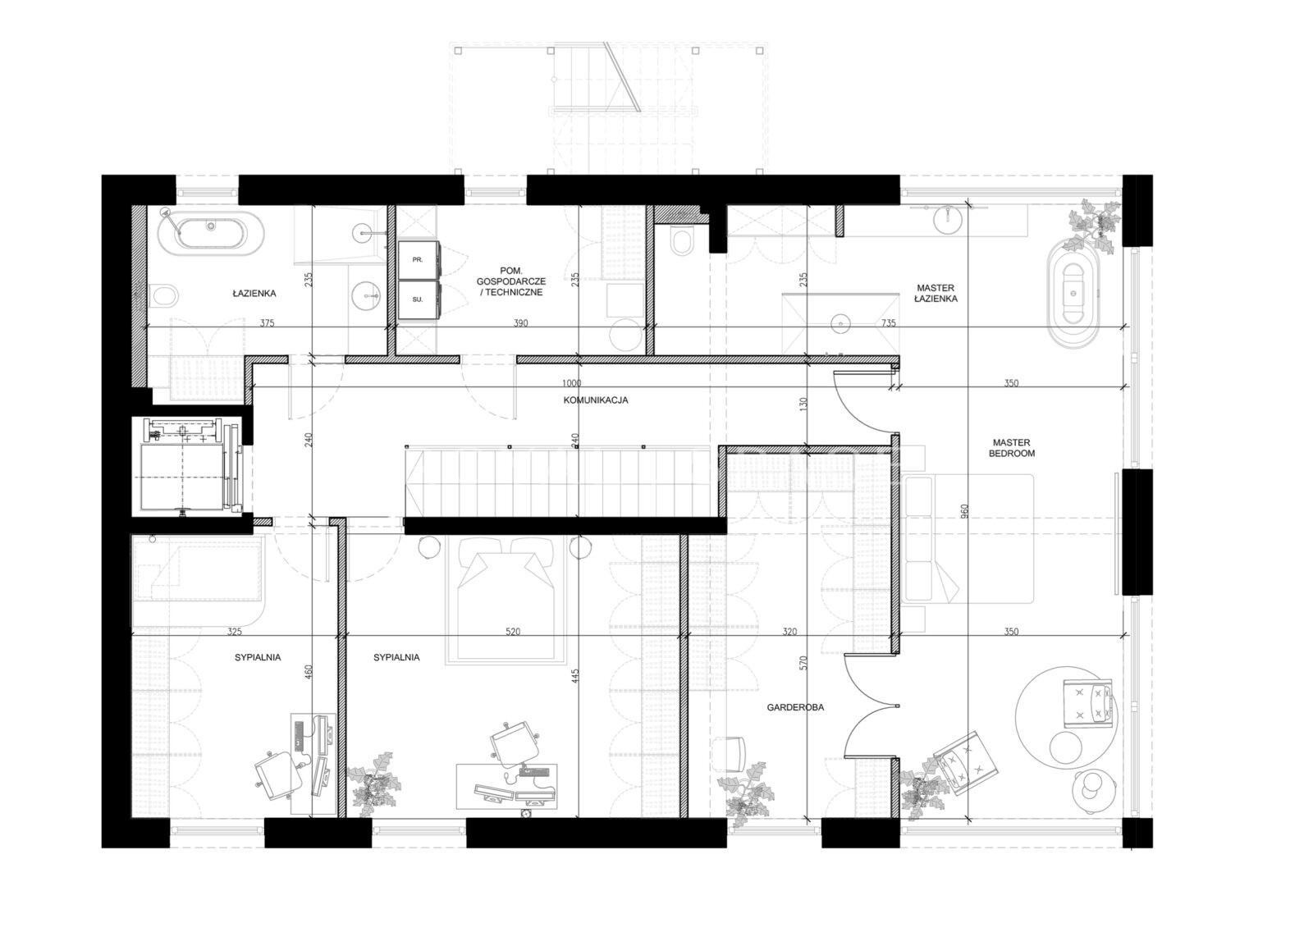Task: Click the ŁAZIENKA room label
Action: [x=254, y=293]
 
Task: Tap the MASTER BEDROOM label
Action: [x=1012, y=448]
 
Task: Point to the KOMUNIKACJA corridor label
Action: [x=596, y=400]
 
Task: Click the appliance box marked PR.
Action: [x=418, y=259]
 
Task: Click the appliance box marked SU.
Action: [x=418, y=299]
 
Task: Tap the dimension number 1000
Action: [x=571, y=383]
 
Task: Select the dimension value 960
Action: [x=965, y=510]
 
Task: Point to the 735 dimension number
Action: [x=889, y=323]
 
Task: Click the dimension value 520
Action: [x=513, y=632]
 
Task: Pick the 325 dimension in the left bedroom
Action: [x=235, y=632]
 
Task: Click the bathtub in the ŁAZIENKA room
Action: [x=211, y=233]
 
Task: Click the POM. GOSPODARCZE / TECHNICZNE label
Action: [x=511, y=281]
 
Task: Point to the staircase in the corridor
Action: [x=561, y=482]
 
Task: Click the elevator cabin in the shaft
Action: [x=181, y=475]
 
